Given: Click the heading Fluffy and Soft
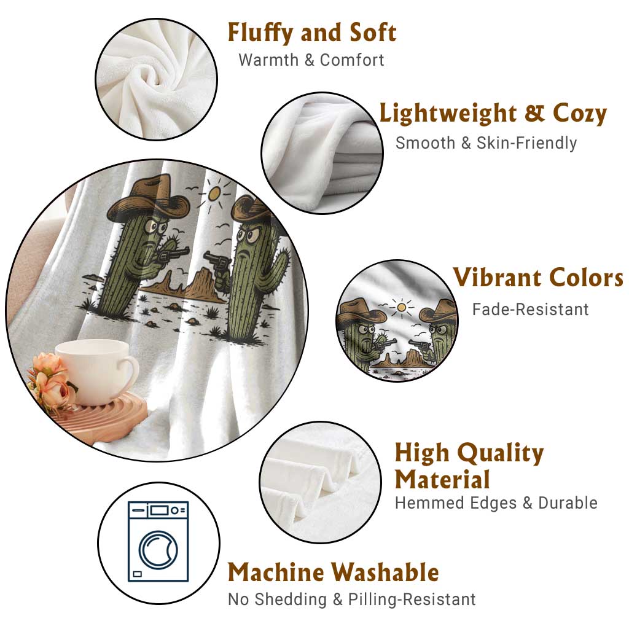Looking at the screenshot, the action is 312,33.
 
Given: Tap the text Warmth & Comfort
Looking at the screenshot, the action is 311,60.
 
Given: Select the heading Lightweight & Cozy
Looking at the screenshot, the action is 493,114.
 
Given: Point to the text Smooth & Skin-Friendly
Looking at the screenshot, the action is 486,143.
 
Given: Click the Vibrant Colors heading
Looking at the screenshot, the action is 538,277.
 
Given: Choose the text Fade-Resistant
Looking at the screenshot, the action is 530,310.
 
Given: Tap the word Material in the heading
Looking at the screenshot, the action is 442,479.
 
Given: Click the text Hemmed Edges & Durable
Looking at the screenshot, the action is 496,502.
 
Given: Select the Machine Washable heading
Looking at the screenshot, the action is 334,572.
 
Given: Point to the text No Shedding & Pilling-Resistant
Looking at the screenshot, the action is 352,600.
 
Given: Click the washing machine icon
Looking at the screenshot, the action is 158,542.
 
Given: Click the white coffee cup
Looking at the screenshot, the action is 98,372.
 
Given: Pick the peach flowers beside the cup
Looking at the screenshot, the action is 49,381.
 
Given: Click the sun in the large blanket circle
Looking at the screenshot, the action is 214,194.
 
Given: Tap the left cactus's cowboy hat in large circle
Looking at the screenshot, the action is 149,198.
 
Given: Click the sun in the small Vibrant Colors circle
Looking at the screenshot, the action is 400,308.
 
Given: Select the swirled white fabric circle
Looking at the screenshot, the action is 157,79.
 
